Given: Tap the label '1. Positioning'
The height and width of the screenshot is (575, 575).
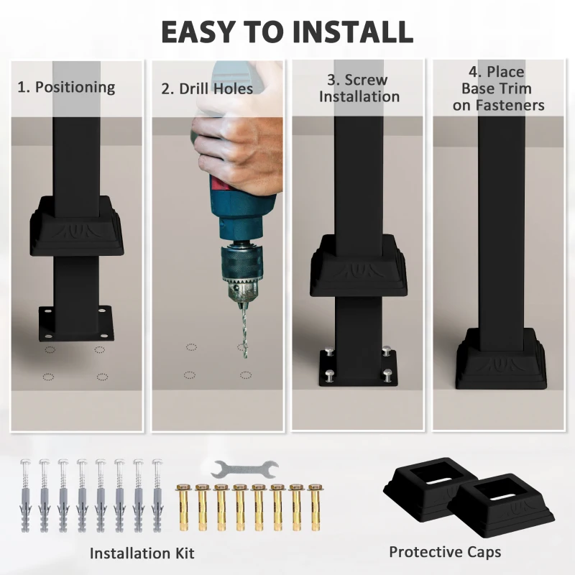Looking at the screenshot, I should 66,88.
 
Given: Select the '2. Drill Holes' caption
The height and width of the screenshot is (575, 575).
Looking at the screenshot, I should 207,89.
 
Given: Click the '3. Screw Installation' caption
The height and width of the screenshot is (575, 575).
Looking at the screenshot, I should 359,88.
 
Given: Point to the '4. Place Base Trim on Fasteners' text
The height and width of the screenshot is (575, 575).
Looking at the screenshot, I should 503,88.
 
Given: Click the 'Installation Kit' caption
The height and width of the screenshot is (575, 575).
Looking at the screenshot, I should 142,553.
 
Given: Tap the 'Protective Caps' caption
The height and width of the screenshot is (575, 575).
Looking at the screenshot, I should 445,552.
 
